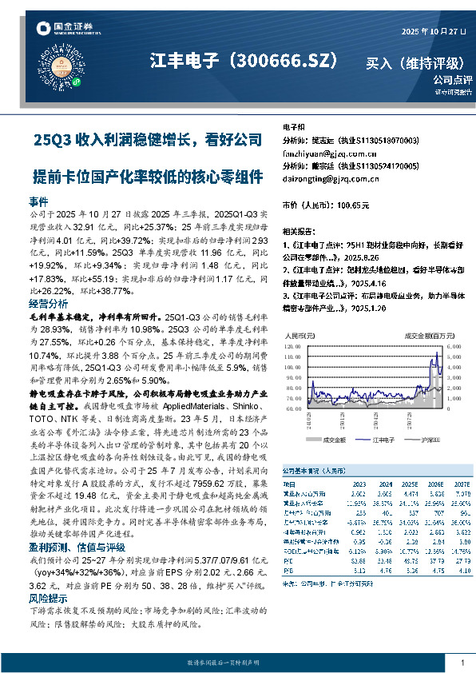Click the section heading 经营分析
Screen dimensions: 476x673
[48, 305]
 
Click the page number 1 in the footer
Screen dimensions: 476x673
[462, 663]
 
